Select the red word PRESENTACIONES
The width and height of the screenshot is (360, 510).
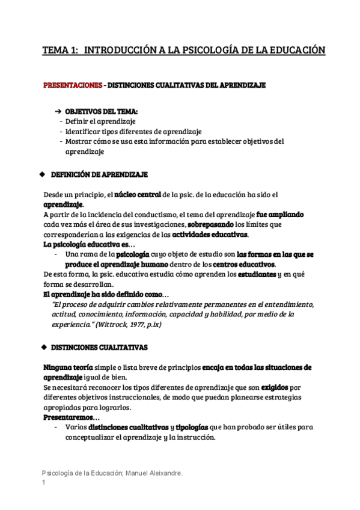(x=72, y=85)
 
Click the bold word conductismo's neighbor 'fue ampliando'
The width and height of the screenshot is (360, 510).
(x=279, y=214)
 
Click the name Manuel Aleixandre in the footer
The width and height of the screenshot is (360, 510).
(x=156, y=473)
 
